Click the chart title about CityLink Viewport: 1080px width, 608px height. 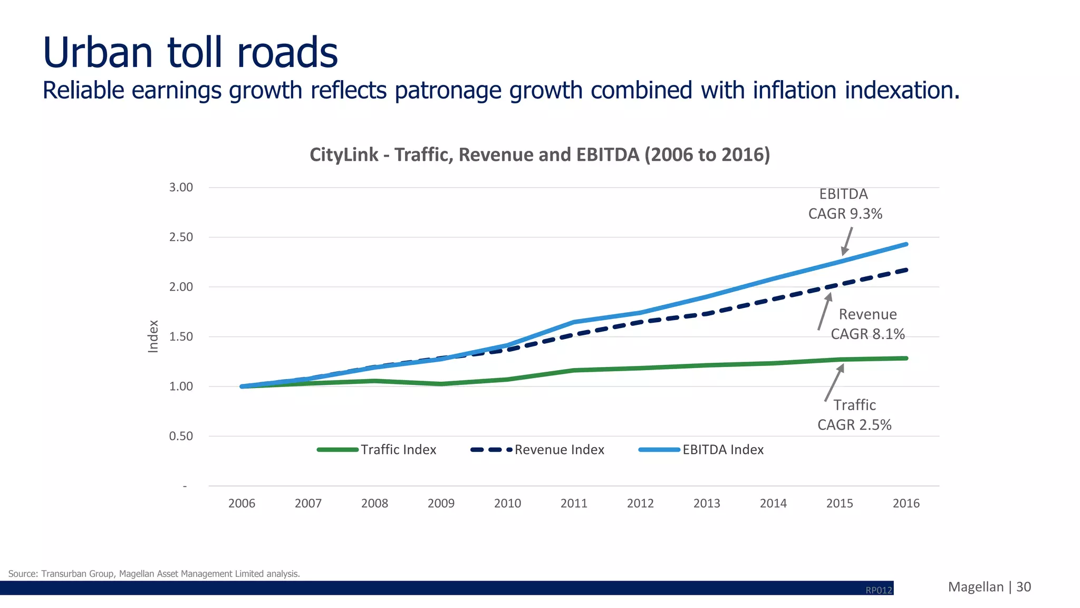[x=539, y=155]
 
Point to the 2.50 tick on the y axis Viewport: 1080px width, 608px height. [x=181, y=237]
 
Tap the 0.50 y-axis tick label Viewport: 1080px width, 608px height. [x=181, y=436]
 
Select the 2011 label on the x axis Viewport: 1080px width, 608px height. [x=574, y=503]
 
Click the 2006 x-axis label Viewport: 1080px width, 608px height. [x=242, y=503]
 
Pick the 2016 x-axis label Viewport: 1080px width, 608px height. [x=906, y=503]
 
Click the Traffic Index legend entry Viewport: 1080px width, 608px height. [x=377, y=450]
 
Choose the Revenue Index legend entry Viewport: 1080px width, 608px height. [x=538, y=450]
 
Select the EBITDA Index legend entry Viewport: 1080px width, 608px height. [x=701, y=450]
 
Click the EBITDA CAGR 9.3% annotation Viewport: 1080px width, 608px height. [x=845, y=204]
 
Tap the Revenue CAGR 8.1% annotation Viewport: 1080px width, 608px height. [x=867, y=324]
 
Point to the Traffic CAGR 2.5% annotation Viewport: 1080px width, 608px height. [x=854, y=415]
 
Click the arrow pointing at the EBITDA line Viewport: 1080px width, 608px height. [x=847, y=241]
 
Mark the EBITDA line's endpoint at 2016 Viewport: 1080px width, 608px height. [x=906, y=244]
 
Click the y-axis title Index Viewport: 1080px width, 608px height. [x=153, y=336]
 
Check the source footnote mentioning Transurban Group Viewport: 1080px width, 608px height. [x=154, y=574]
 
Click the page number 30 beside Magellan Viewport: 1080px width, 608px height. [x=1024, y=587]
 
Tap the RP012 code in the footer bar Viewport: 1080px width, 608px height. [x=879, y=590]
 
